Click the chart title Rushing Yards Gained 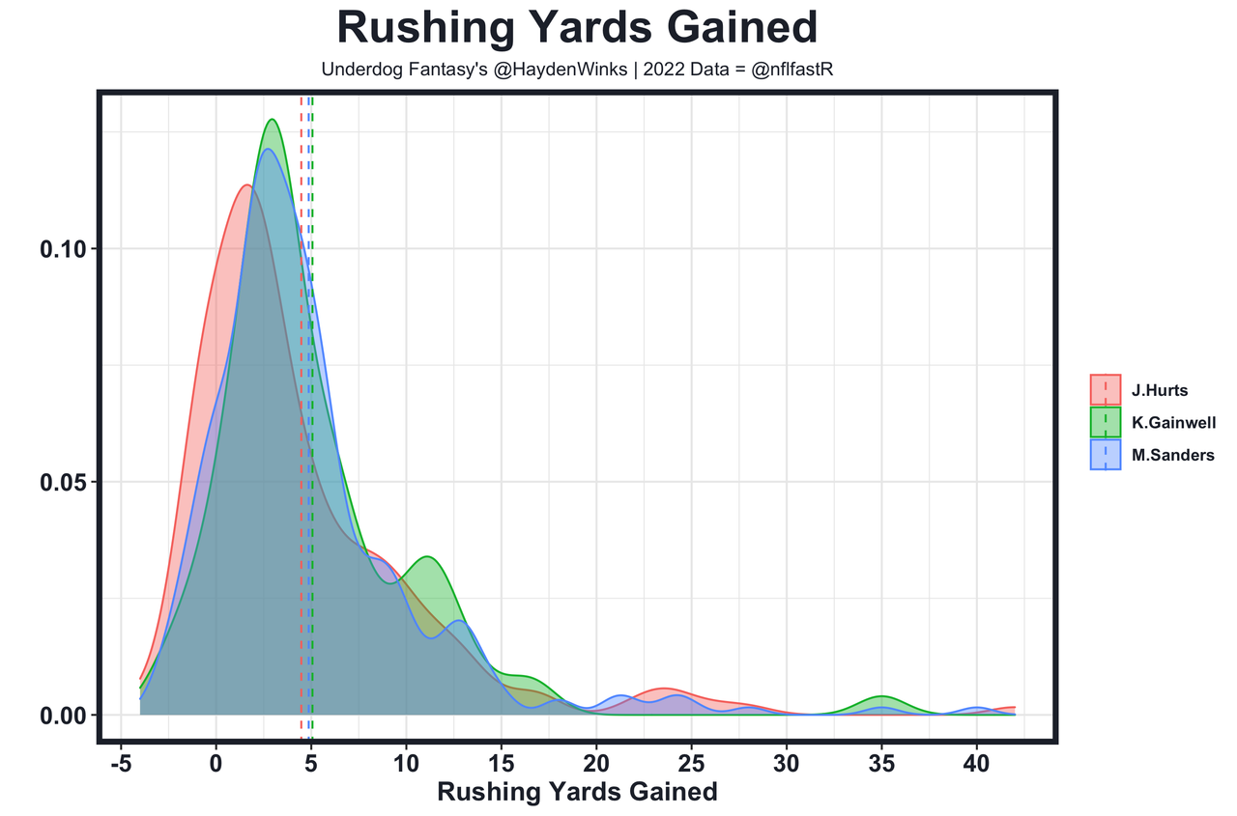click(577, 27)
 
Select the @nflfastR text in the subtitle click(791, 70)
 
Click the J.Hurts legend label click(1160, 391)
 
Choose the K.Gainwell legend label click(1173, 423)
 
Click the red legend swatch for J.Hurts click(1106, 390)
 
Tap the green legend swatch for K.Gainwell click(1106, 422)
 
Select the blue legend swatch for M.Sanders click(1106, 454)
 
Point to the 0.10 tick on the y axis click(63, 249)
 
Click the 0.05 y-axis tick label click(63, 483)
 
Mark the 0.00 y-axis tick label click(63, 716)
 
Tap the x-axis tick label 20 click(596, 762)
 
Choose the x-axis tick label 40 click(976, 762)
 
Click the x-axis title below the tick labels click(577, 793)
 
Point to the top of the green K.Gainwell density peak click(273, 120)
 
